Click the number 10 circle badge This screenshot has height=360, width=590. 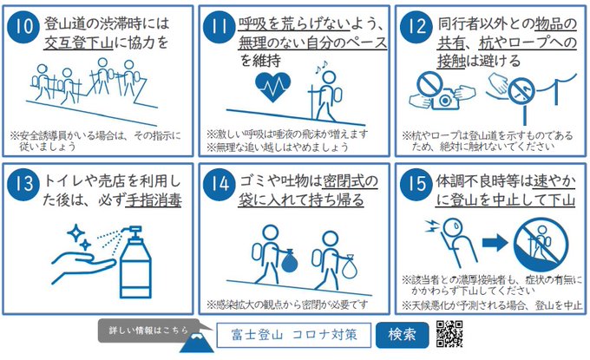pyautogui.click(x=23, y=27)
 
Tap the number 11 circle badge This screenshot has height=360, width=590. pyautogui.click(x=220, y=27)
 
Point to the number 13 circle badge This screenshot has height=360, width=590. pyautogui.click(x=23, y=184)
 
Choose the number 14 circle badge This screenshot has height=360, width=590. pyautogui.click(x=220, y=184)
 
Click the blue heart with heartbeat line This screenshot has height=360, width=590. pyautogui.click(x=272, y=87)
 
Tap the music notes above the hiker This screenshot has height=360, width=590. pyautogui.click(x=321, y=67)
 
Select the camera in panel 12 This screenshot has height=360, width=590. pyautogui.click(x=445, y=99)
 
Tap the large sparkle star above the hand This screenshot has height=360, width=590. pyautogui.click(x=75, y=232)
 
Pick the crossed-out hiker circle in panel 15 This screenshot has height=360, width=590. pyautogui.click(x=541, y=244)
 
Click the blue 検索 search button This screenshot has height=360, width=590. pyautogui.click(x=402, y=335)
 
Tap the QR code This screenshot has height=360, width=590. pyautogui.click(x=449, y=334)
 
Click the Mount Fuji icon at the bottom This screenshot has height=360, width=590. pyautogui.click(x=196, y=342)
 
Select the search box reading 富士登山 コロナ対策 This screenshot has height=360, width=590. pyautogui.click(x=294, y=335)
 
